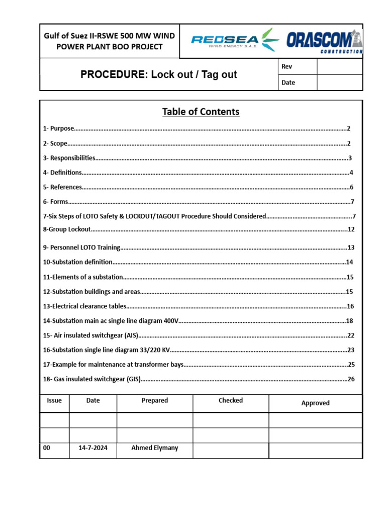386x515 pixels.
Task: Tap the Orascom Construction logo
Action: point(324,41)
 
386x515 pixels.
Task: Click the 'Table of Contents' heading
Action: point(201,112)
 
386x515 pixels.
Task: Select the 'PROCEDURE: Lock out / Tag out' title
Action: point(159,75)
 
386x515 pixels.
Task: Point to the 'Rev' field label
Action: point(287,67)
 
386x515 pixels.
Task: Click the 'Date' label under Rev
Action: point(288,82)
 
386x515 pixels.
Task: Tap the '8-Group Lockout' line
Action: point(67,229)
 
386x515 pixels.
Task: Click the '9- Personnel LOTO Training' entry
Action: point(82,247)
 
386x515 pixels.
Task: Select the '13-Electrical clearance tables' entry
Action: point(84,306)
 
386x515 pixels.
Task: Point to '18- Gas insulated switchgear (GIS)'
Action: point(91,379)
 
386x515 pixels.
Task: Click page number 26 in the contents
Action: point(351,379)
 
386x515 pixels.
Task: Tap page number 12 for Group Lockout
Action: point(351,229)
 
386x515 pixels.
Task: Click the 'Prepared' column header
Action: point(154,400)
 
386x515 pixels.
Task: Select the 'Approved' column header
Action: point(315,403)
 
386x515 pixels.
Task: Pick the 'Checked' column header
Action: point(231,400)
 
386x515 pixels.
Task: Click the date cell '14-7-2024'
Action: point(93,448)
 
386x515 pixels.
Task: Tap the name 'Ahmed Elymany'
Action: point(154,448)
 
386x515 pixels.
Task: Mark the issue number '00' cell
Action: point(47,448)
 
